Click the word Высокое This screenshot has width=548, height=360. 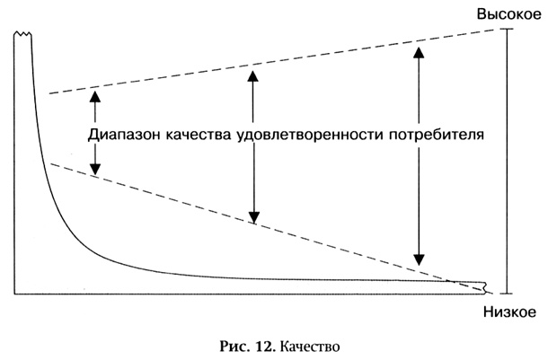[x=508, y=14]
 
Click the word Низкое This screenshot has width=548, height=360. [x=509, y=312]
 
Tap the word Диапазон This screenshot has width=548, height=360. [x=123, y=136]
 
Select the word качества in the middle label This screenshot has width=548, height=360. [x=198, y=136]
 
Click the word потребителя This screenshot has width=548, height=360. [x=437, y=136]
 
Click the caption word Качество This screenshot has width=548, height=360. [x=310, y=347]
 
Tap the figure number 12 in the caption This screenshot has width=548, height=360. [x=266, y=347]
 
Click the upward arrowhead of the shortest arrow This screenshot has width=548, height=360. [x=95, y=96]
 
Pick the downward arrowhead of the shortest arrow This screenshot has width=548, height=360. [x=95, y=170]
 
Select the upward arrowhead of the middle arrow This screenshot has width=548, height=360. [x=252, y=75]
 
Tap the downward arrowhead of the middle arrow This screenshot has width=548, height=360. [x=253, y=217]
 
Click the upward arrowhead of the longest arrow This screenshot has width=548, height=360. [x=419, y=52]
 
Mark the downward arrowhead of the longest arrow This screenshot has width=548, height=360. [x=419, y=259]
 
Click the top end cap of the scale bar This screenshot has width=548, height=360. [x=507, y=30]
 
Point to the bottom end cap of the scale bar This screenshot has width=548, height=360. [x=507, y=294]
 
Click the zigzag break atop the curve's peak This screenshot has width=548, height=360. [x=22, y=34]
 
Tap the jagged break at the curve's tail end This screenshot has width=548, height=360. [x=485, y=287]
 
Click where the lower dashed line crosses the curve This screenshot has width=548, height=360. [x=450, y=280]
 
